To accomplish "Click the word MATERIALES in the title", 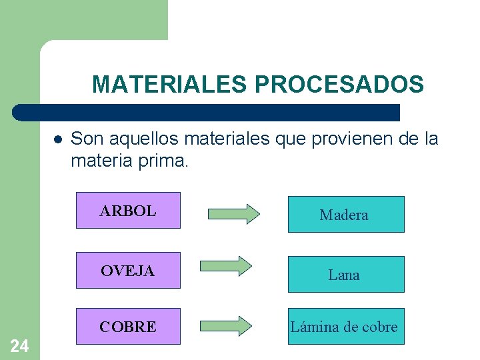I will coord(170,85).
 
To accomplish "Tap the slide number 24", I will coord(19,345).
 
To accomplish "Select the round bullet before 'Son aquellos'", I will coord(58,140).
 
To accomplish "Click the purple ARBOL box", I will coord(128,211).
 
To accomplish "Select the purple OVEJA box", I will coord(128,271).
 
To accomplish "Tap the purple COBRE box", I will coord(128,327).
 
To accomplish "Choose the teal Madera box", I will coord(345,215).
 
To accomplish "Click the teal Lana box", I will coord(345,275).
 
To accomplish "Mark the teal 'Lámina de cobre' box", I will coord(345,327).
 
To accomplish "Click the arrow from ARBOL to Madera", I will coord(233,214).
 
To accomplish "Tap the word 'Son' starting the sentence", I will coord(85,139).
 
